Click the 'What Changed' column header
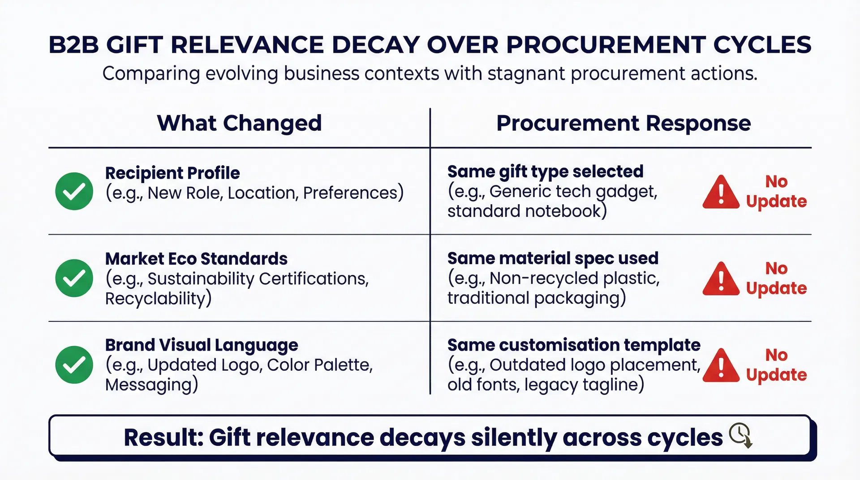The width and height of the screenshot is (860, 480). coord(239,123)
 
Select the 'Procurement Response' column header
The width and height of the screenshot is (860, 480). coord(623,123)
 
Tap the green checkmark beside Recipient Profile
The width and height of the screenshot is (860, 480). coord(74,191)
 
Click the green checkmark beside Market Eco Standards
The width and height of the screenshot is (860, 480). coord(74,278)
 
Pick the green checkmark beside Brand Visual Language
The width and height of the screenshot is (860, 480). coord(74,365)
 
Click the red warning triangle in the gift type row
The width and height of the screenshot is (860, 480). coord(721,193)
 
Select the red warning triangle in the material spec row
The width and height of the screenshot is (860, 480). coord(721,279)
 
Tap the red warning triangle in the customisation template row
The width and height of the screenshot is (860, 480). coord(721,366)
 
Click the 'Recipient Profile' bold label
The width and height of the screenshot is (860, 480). coord(172,173)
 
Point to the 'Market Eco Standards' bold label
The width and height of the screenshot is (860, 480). coord(196,259)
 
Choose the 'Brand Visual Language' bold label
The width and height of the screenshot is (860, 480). coord(202,345)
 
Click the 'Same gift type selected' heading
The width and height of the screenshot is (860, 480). coord(545,172)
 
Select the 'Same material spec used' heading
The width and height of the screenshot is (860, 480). coord(553,258)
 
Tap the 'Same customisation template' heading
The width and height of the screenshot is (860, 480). coord(574,345)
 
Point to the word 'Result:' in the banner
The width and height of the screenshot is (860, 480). coord(163,437)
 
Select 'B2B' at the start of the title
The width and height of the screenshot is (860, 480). coord(73,45)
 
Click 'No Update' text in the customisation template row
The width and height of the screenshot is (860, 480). coord(776,365)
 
